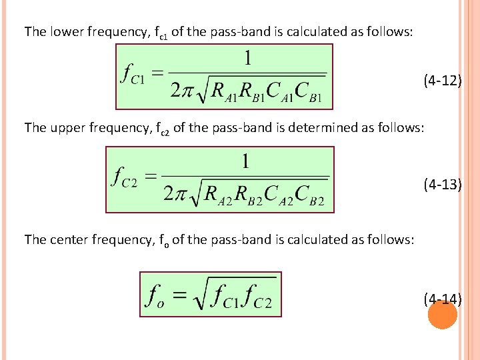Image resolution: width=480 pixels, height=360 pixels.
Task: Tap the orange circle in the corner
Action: (442, 315)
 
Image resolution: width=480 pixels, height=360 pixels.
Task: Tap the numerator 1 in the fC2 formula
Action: (246, 162)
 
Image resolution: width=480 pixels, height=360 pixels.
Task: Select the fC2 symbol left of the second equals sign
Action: (126, 178)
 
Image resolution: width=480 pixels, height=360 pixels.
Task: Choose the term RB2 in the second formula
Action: (247, 195)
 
